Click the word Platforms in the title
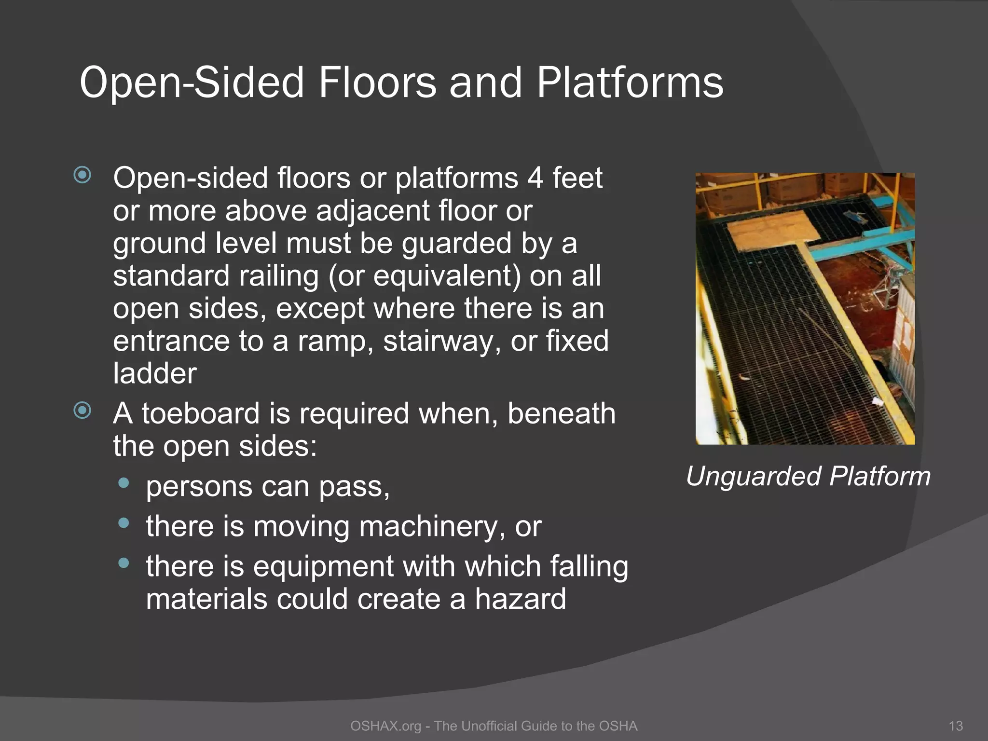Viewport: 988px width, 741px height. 630,83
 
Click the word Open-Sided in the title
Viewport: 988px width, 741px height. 191,83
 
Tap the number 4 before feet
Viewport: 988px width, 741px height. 535,178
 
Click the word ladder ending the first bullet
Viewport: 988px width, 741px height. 154,374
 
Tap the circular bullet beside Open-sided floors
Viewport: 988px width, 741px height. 82,175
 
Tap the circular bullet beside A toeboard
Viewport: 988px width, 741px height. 82,411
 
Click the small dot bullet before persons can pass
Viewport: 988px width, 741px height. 124,483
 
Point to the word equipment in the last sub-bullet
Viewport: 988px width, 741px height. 323,567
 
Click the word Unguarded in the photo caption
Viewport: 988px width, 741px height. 753,477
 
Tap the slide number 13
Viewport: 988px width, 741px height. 955,726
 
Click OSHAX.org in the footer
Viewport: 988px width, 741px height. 385,726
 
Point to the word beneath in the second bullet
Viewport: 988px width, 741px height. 561,414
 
